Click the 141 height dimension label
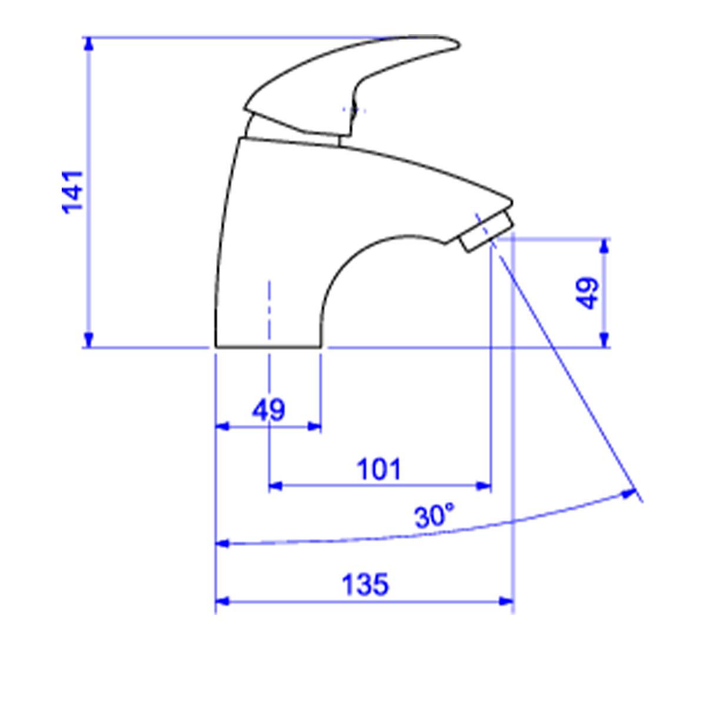(x=72, y=192)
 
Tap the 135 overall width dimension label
(x=365, y=585)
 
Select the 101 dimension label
(x=379, y=470)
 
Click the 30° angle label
(x=435, y=516)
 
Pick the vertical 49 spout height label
(x=587, y=293)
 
